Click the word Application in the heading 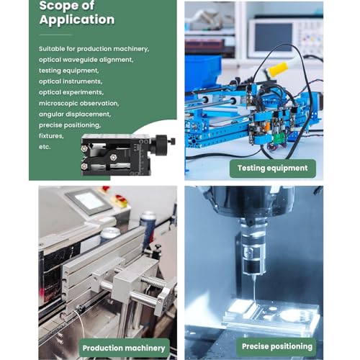pos(77,19)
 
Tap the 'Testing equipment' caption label pos(273,168)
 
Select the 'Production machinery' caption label pos(124,348)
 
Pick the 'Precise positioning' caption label pos(277,346)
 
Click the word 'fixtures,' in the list pos(51,136)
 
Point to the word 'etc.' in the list pos(45,147)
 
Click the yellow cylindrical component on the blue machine pos(278,69)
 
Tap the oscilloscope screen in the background pos(274,37)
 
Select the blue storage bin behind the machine pos(203,70)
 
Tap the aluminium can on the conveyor pos(109,235)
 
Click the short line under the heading pos(55,35)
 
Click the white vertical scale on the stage pos(143,157)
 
